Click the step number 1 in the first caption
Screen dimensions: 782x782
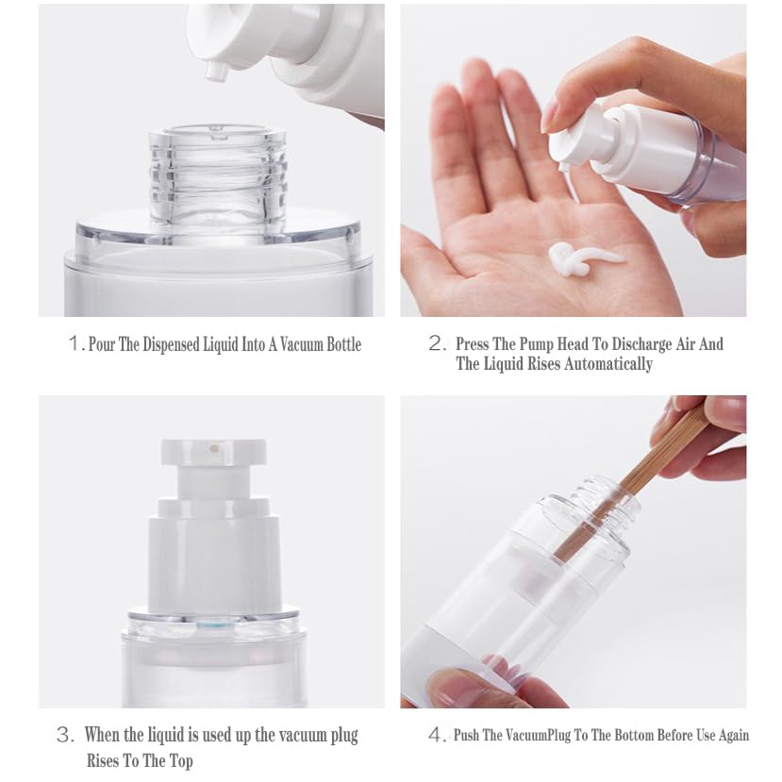pyautogui.click(x=75, y=344)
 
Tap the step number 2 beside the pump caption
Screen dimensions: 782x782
pyautogui.click(x=436, y=344)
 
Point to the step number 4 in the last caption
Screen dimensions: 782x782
pyautogui.click(x=435, y=735)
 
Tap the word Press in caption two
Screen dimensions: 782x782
pyautogui.click(x=473, y=344)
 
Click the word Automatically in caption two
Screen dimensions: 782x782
pyautogui.click(x=607, y=364)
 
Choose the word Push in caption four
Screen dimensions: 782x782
pyautogui.click(x=469, y=735)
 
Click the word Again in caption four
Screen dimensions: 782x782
pyautogui.click(x=730, y=735)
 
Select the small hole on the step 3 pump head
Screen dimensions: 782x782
pyautogui.click(x=214, y=449)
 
